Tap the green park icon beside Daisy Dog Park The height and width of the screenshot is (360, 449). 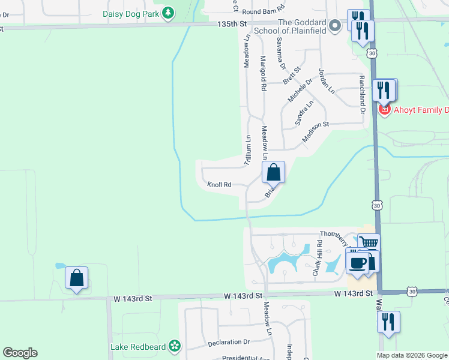tap(169, 12)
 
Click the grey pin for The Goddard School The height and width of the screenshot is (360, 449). tap(335, 25)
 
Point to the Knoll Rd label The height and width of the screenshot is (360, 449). tap(219, 185)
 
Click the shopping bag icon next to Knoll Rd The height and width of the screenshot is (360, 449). tap(273, 172)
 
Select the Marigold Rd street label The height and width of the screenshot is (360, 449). tap(263, 73)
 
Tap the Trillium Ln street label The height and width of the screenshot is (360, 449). tap(247, 151)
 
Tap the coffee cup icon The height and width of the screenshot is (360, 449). tap(358, 262)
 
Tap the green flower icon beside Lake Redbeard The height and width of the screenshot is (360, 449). tap(174, 346)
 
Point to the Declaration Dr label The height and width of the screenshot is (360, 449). tap(228, 342)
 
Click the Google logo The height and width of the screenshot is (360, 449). tap(20, 353)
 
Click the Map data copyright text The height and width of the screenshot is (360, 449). tap(411, 355)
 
